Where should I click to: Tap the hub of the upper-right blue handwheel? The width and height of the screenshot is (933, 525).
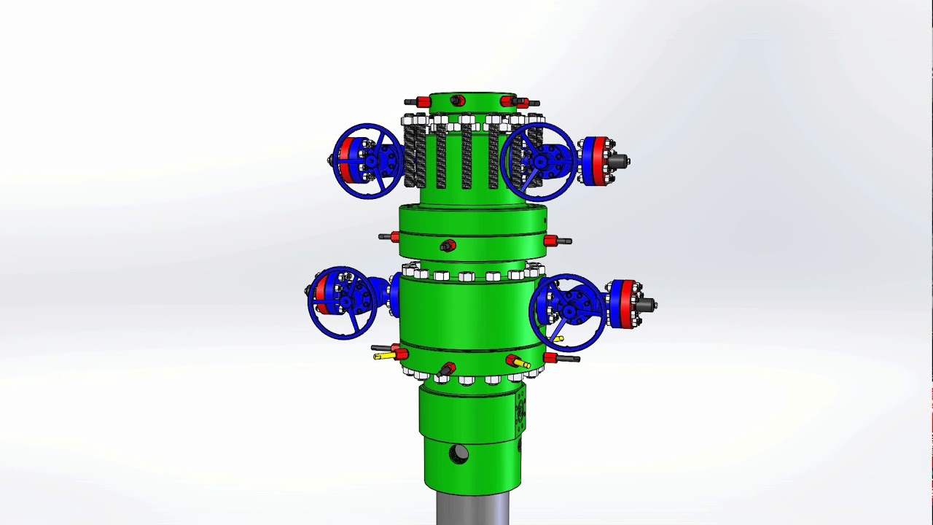pyautogui.click(x=540, y=162)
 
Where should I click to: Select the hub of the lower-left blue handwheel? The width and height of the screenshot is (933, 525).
pyautogui.click(x=345, y=300)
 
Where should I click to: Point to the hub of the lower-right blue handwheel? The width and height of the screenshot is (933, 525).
pyautogui.click(x=569, y=312)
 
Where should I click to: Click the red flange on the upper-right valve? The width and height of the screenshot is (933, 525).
pyautogui.click(x=599, y=161)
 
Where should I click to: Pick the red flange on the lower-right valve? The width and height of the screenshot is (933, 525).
pyautogui.click(x=628, y=303)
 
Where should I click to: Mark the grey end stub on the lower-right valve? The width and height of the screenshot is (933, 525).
pyautogui.click(x=646, y=305)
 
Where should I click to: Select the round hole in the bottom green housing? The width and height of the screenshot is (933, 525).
pyautogui.click(x=458, y=454)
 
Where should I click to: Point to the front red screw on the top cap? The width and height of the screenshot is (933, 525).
pyautogui.click(x=457, y=101)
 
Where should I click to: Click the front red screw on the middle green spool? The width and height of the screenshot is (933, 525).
pyautogui.click(x=448, y=246)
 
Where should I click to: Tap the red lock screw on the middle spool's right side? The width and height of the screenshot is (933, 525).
pyautogui.click(x=552, y=240)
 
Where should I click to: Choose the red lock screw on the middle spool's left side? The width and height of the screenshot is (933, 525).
pyautogui.click(x=394, y=237)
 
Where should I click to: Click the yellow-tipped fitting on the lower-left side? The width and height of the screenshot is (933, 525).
pyautogui.click(x=383, y=357)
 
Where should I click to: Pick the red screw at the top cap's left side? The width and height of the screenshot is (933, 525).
pyautogui.click(x=422, y=101)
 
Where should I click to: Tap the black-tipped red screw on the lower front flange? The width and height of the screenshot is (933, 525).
pyautogui.click(x=446, y=370)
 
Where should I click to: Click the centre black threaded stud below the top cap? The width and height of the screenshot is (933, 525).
pyautogui.click(x=466, y=155)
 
